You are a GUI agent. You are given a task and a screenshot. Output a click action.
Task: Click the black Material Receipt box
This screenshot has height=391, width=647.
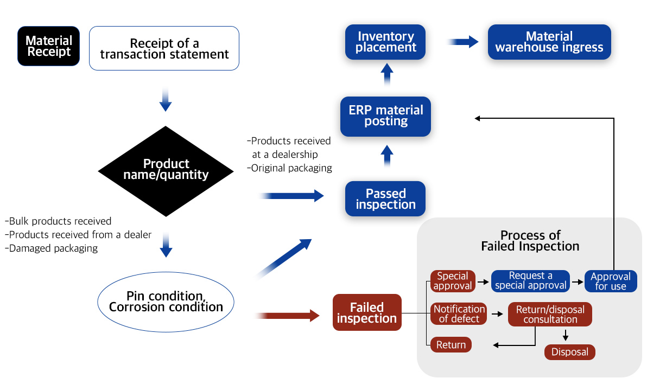coord(49,46)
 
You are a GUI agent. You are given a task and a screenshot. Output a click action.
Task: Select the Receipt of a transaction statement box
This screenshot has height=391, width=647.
coord(164,48)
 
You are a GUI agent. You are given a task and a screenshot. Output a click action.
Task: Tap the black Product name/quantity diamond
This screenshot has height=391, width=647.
coord(166,170)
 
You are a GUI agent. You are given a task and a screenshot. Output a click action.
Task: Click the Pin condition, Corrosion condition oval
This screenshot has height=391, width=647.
coord(166,302)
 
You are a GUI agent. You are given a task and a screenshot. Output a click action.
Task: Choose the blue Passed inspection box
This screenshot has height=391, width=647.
coord(385,199)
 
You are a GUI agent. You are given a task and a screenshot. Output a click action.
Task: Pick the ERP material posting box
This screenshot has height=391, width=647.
coord(385,116)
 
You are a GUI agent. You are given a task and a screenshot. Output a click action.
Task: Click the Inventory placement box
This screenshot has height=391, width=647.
coord(385,42)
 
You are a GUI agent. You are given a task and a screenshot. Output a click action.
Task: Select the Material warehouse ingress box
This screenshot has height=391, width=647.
coord(549,42)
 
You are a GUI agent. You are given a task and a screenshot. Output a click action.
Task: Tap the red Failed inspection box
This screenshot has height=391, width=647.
coord(367,313)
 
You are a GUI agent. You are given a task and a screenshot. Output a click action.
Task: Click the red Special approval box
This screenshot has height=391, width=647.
coord(453,281)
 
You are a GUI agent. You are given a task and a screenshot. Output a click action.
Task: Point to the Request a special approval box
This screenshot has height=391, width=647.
coord(530,281)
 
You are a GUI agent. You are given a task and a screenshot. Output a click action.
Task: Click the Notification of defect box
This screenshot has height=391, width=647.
coord(459,314)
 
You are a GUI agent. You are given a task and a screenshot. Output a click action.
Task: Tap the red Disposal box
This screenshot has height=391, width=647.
coord(569,352)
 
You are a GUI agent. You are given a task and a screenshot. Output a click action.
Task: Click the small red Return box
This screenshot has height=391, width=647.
coord(451,345)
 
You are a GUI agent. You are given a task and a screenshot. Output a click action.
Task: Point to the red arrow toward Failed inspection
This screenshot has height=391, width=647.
coord(288,315)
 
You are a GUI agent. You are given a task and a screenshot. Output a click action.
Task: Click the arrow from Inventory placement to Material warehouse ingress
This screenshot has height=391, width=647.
coord(464,42)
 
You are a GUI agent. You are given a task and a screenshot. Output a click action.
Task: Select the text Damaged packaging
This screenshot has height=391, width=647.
coord(52,248)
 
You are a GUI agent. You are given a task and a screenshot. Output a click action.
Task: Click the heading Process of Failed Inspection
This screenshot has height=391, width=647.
coord(530,241)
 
